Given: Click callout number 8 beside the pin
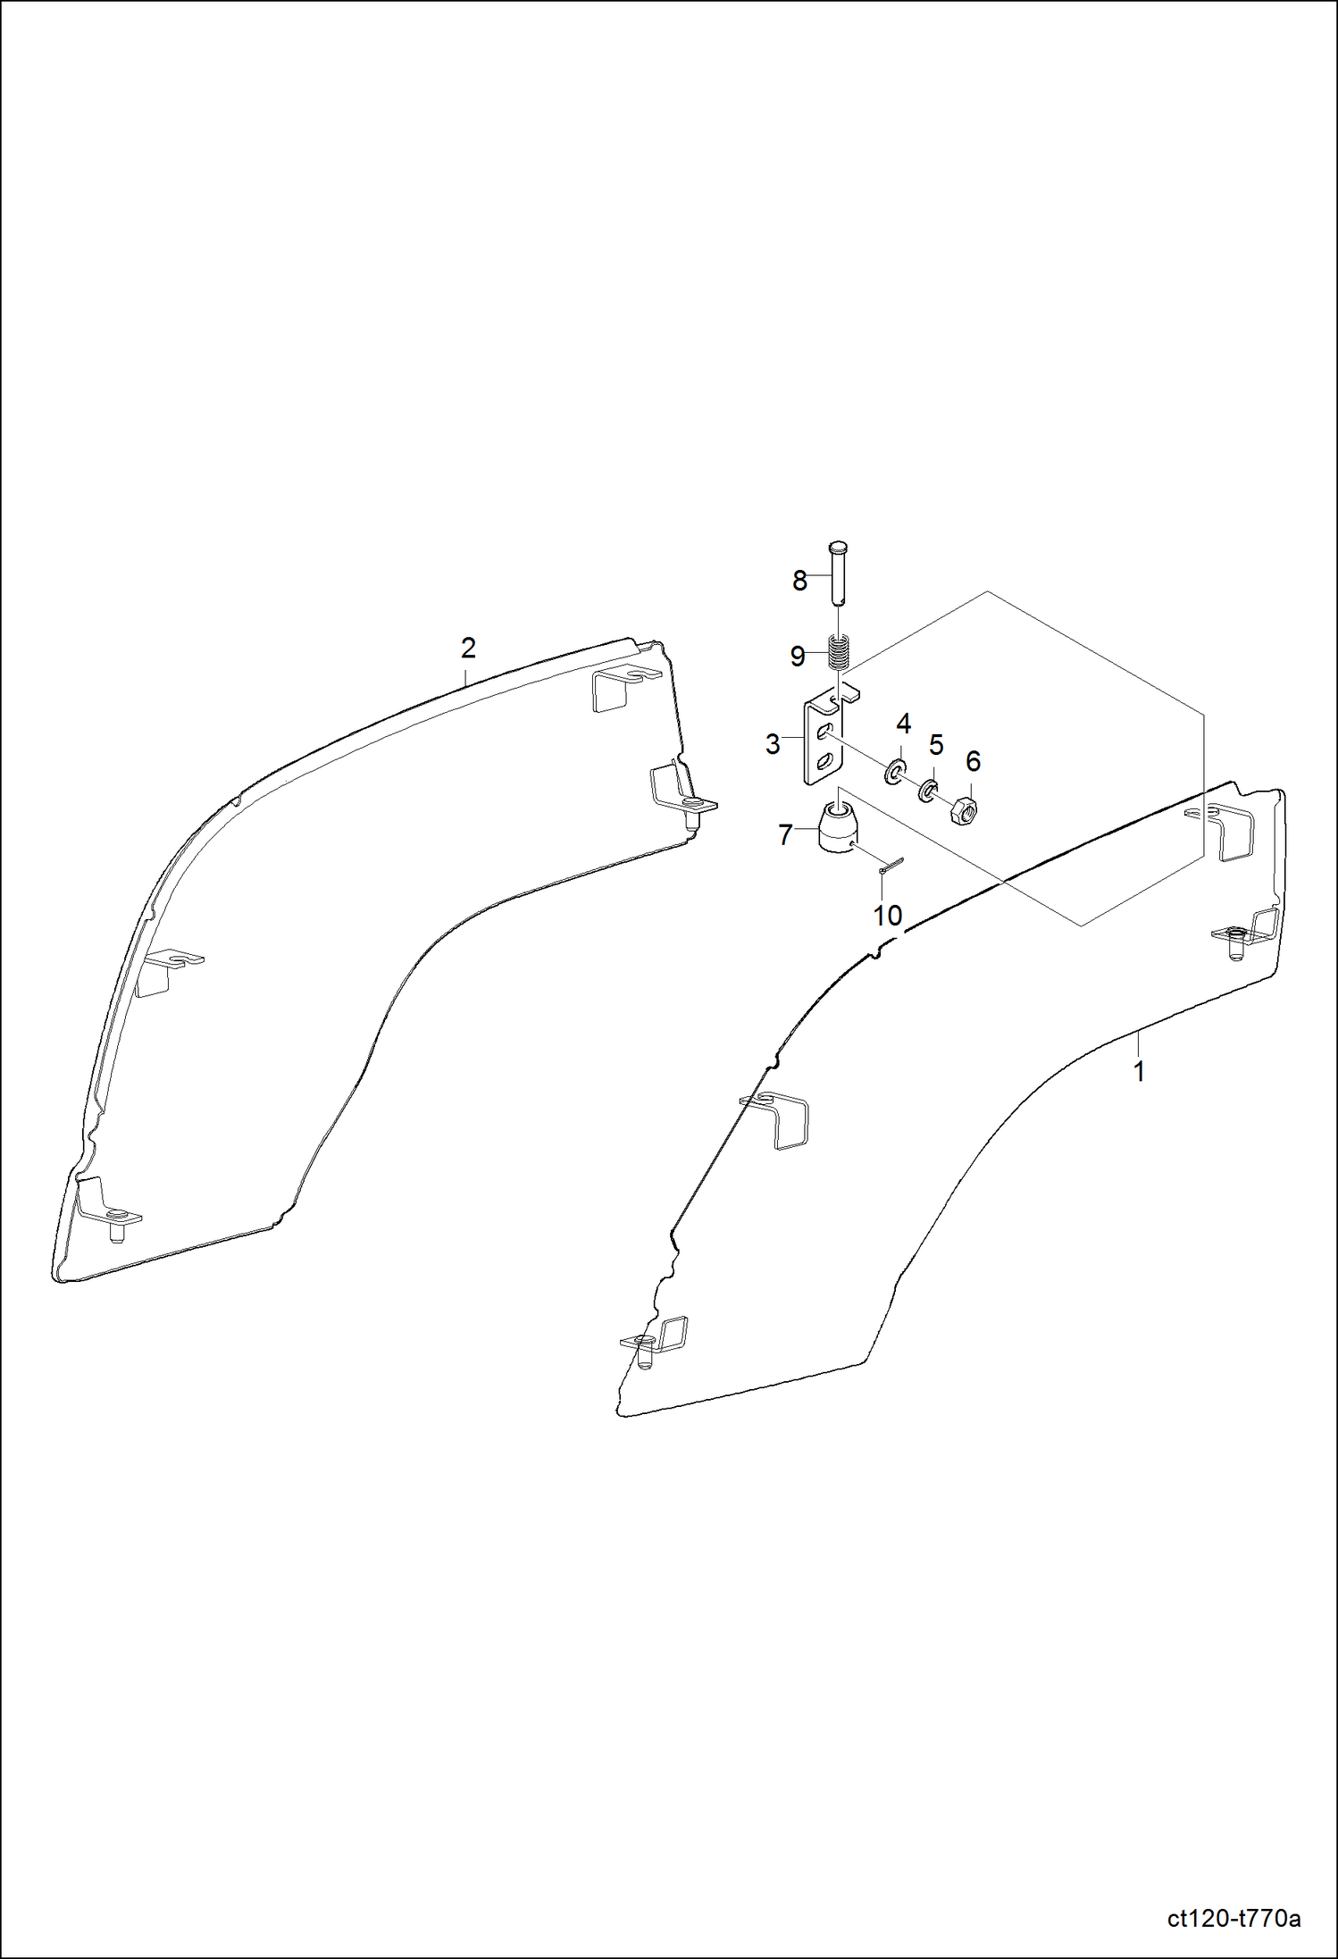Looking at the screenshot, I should click(x=799, y=582).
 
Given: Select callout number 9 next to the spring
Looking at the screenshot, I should click(x=798, y=657).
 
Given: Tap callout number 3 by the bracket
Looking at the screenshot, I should click(x=773, y=744).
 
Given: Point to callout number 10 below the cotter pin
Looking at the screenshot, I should click(x=887, y=916).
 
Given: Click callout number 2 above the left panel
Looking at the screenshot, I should click(x=468, y=648).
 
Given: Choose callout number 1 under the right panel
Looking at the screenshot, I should click(x=1139, y=1072).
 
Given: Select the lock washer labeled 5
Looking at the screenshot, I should click(x=928, y=790).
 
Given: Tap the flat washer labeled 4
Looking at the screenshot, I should click(x=894, y=771).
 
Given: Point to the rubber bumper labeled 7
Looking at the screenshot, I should click(x=837, y=829).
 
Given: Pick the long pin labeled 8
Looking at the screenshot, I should click(x=838, y=572).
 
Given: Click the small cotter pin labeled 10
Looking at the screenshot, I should click(x=891, y=865).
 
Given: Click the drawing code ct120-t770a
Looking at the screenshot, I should click(x=1233, y=1919).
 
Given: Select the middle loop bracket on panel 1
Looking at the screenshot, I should click(x=780, y=1119).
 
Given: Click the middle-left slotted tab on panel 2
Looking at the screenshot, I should click(x=166, y=969).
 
